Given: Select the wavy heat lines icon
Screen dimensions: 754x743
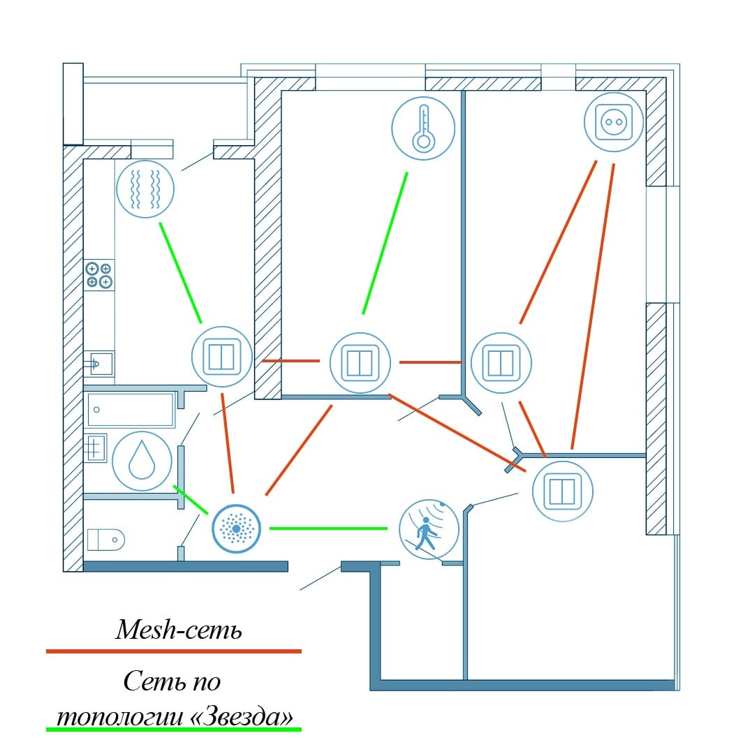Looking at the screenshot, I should coord(145,188).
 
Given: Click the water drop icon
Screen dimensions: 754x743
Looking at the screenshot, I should coord(142,461).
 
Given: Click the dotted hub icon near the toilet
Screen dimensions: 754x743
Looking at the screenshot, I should coord(237,528).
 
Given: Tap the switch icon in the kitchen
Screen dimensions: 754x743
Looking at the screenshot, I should coord(222,357).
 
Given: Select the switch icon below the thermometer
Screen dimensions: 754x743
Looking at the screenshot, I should coord(360,363).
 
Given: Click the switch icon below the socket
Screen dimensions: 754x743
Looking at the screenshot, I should coord(501,363).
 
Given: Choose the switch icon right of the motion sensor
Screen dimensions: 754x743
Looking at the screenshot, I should coord(562,491).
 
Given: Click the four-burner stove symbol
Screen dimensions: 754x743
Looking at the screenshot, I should coord(98,275).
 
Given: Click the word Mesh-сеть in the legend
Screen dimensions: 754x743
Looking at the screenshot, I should coord(179,631).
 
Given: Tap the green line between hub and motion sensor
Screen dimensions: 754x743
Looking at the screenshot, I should coord(328,528).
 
